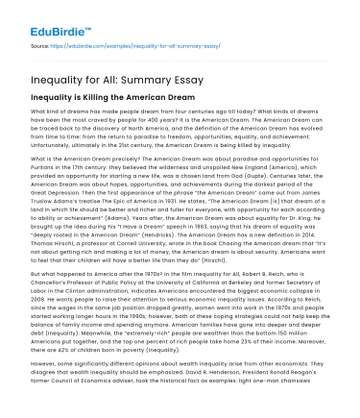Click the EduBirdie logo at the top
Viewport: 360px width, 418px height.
click(x=38, y=16)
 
